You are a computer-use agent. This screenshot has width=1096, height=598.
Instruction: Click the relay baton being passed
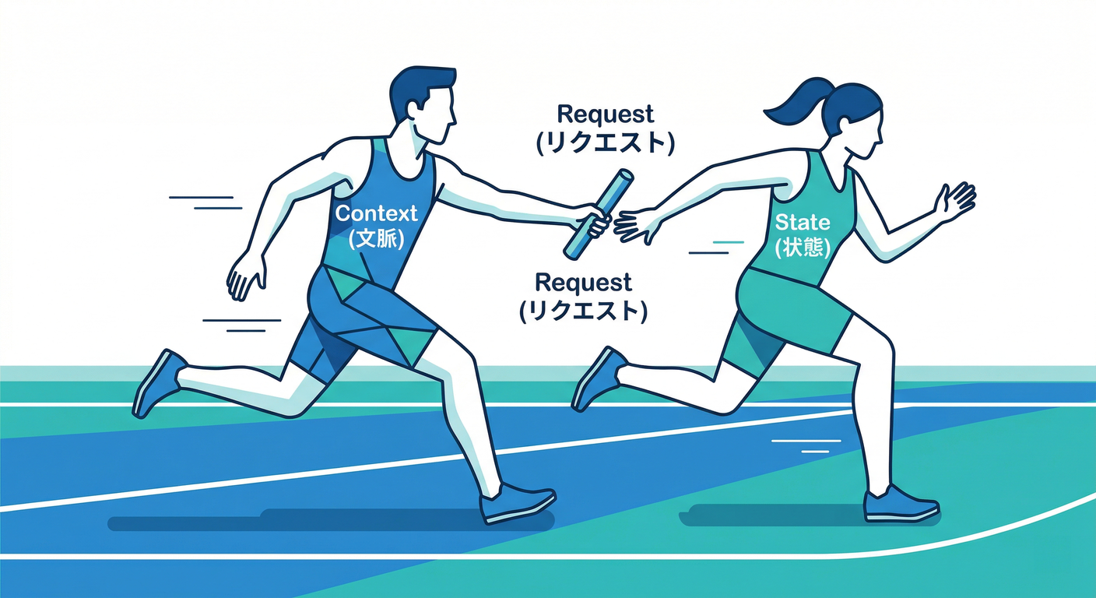tap(599, 214)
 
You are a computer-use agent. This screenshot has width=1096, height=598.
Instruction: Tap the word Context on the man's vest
tap(376, 213)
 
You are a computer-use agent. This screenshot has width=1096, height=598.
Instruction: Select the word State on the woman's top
tap(803, 223)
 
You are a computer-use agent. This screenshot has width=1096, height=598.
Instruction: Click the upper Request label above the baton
tap(606, 114)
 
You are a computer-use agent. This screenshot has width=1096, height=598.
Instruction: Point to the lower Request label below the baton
tap(583, 283)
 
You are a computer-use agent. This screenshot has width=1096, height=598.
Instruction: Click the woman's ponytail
tap(795, 106)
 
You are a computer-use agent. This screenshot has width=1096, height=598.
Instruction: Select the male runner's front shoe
tap(517, 504)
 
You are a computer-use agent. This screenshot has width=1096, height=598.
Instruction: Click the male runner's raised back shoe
tap(158, 384)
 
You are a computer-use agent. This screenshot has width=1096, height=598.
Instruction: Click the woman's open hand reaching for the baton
tap(636, 225)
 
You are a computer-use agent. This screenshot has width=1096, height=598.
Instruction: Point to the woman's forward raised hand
tap(954, 202)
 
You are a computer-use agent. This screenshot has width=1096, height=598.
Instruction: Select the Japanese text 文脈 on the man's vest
tap(377, 238)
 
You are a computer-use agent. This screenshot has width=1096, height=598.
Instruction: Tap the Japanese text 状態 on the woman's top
tap(803, 248)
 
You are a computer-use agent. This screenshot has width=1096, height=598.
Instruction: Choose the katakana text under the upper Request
tap(606, 143)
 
